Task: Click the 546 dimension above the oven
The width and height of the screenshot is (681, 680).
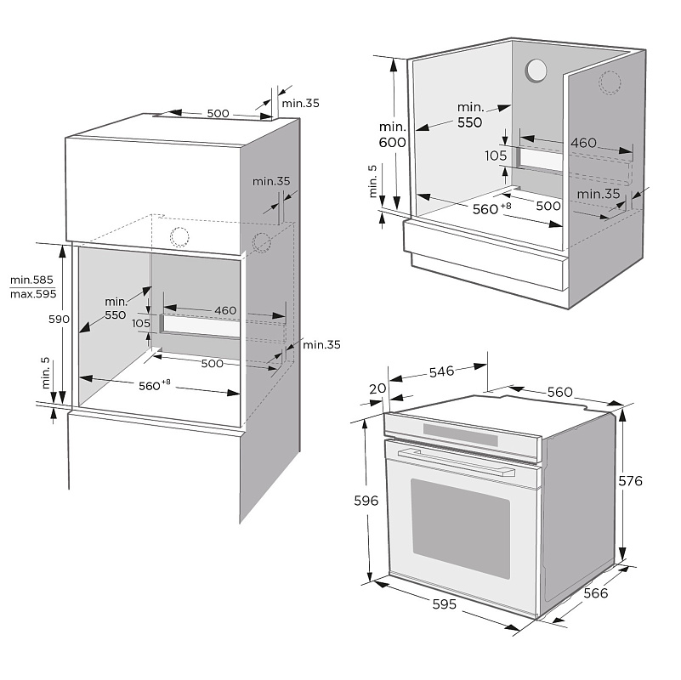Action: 440,371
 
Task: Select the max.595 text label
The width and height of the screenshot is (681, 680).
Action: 32,294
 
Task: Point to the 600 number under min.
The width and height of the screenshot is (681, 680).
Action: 392,143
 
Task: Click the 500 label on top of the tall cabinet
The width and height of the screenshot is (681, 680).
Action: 218,113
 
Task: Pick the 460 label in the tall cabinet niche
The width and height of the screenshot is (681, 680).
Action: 225,310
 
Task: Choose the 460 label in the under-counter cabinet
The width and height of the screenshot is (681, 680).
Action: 583,143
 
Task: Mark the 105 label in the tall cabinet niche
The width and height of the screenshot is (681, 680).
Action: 140,323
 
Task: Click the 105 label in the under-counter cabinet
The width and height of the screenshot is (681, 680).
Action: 497,156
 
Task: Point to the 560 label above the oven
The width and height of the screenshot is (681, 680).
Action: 559,392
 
